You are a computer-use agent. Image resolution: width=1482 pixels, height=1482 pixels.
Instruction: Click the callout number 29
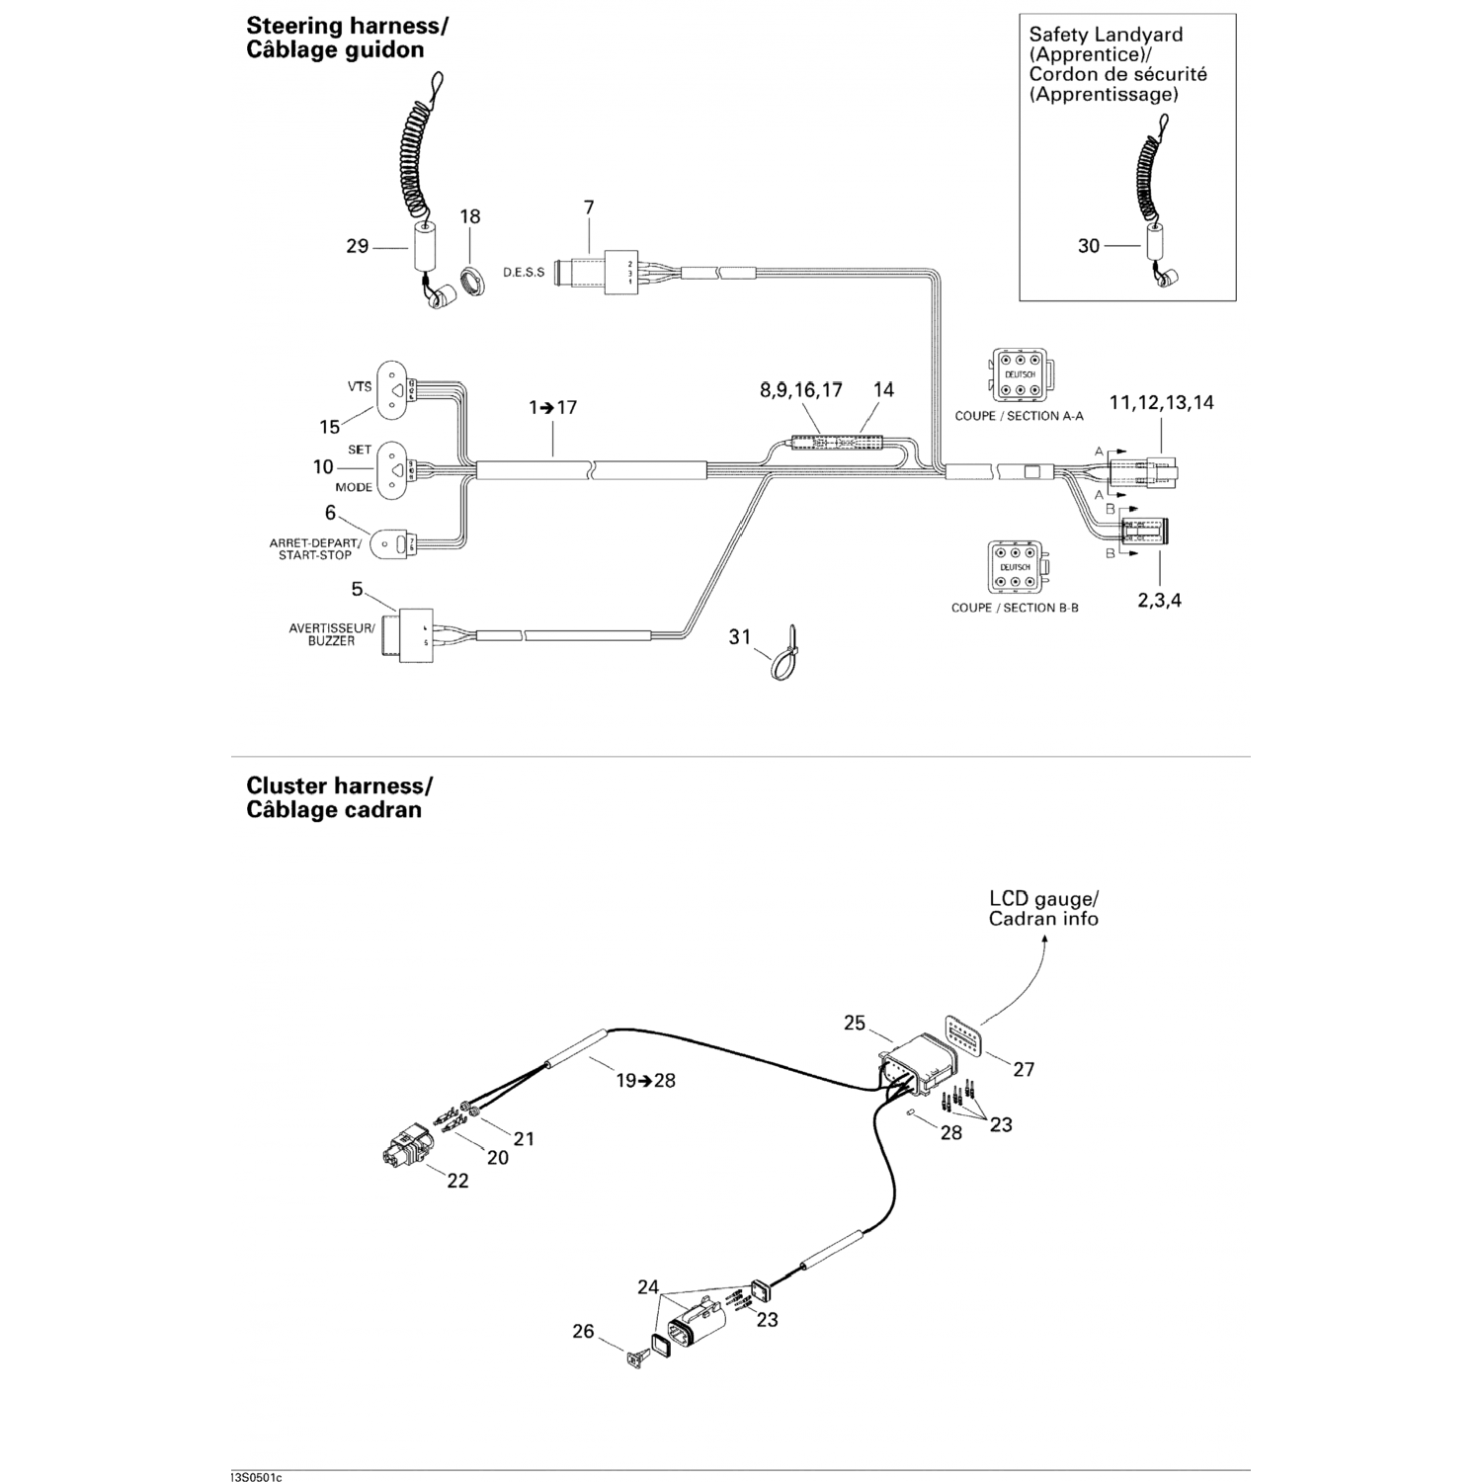click(x=357, y=246)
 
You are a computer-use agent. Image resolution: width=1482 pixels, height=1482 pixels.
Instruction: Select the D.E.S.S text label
click(x=524, y=272)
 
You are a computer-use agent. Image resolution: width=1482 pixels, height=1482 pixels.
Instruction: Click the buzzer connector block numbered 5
click(x=415, y=635)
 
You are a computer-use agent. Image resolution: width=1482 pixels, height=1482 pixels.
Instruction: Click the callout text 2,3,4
click(x=1159, y=600)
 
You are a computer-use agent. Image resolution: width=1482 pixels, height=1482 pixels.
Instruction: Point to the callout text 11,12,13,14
click(x=1161, y=402)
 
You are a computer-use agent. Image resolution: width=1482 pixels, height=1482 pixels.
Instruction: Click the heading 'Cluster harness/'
click(x=339, y=785)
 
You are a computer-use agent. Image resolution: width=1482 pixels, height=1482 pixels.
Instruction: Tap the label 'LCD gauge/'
click(x=1043, y=899)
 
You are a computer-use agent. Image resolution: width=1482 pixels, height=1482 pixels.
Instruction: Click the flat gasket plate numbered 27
click(x=962, y=1034)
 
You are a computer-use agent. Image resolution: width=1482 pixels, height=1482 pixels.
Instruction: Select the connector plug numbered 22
click(x=404, y=1147)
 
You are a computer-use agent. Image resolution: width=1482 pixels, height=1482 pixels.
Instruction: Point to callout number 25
click(x=855, y=1023)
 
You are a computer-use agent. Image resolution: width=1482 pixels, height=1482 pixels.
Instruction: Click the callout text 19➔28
click(x=646, y=1080)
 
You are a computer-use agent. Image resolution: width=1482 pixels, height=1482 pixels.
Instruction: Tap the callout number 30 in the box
click(x=1088, y=245)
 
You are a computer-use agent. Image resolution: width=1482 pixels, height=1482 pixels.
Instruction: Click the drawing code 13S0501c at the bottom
click(x=255, y=1477)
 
